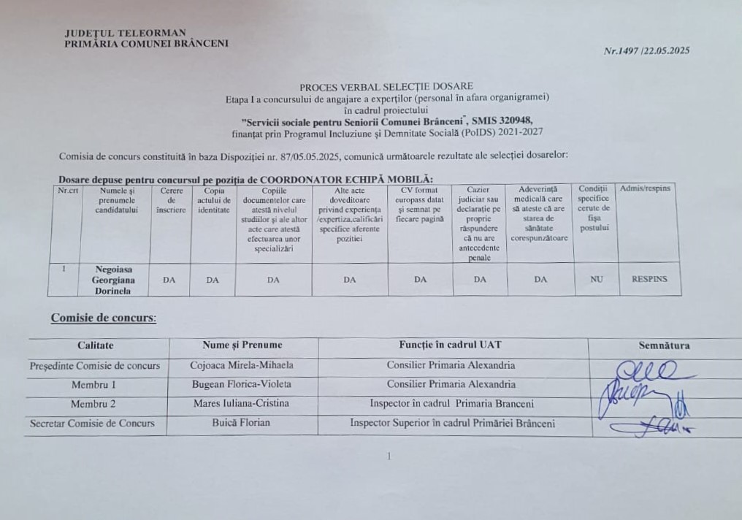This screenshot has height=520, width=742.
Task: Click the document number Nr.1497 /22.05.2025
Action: click(x=646, y=51)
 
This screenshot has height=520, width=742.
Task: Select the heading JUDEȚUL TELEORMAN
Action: click(x=125, y=33)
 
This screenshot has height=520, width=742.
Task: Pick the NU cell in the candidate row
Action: click(x=597, y=279)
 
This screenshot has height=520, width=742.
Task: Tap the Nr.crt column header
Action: click(x=69, y=190)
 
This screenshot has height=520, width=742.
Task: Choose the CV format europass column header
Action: click(x=420, y=204)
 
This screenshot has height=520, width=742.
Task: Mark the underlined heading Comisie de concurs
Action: click(x=103, y=318)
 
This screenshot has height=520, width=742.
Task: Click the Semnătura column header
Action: click(x=664, y=345)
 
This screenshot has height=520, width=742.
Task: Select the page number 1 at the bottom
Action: click(x=389, y=456)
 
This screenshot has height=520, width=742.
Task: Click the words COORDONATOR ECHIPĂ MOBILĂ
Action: click(x=346, y=179)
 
